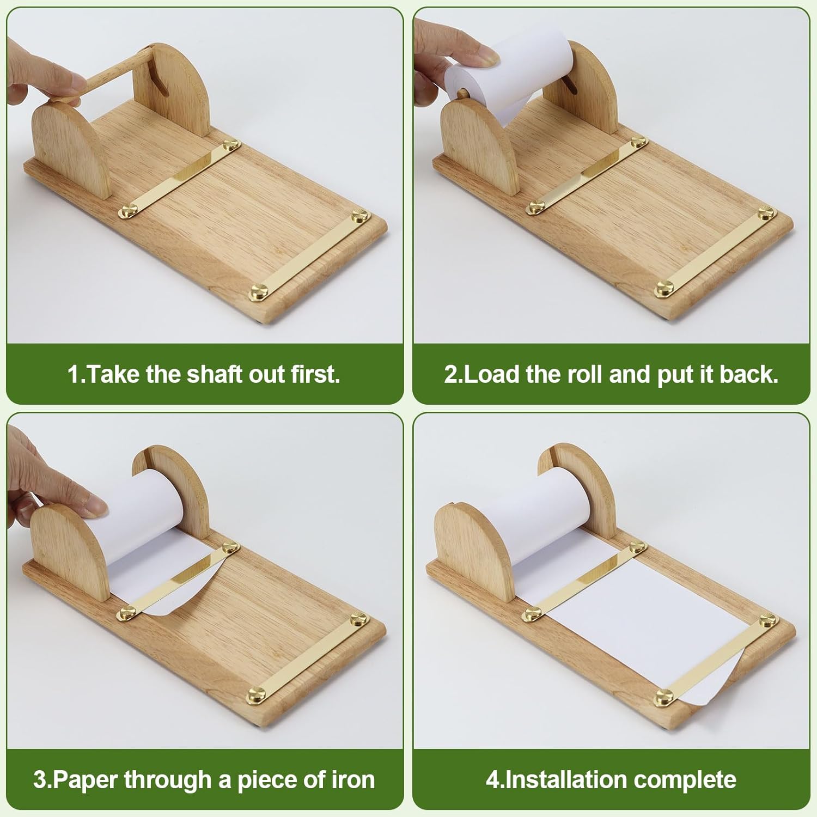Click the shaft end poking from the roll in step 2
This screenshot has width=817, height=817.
[x=462, y=94]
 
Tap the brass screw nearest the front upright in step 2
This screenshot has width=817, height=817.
[x=536, y=206]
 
